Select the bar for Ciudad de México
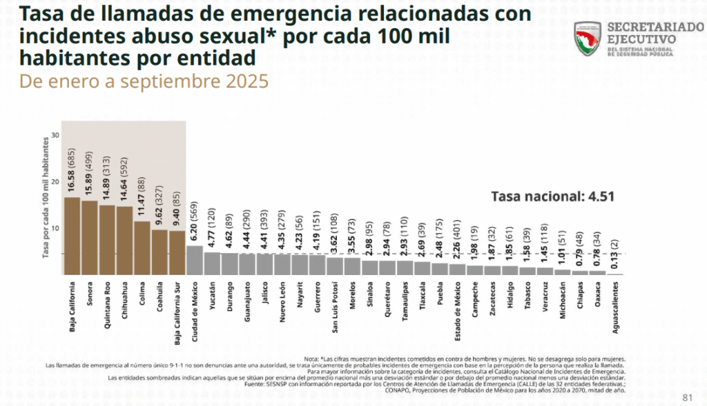tap(195, 260)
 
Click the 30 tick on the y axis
tap(55, 135)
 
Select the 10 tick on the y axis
tap(55, 228)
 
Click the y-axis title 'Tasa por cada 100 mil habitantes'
tap(46, 197)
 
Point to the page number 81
tap(687, 397)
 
